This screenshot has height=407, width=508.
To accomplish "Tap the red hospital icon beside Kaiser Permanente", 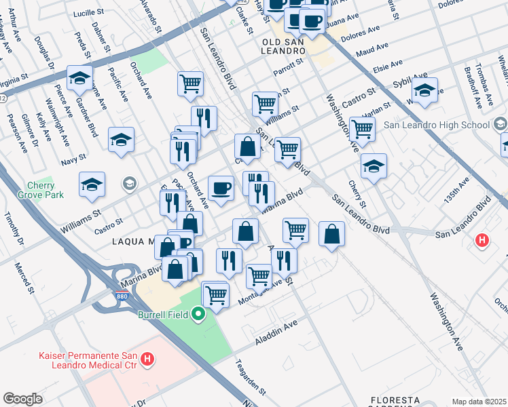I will tap(147, 360).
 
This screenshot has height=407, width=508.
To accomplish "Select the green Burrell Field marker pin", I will tap(198, 314).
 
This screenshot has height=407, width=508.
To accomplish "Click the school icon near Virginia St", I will tap(79, 78).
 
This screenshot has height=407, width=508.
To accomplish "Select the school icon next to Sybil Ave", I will tap(424, 90).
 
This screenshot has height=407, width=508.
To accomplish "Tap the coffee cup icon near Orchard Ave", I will tap(220, 188).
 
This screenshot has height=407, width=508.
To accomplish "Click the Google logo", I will tap(22, 399).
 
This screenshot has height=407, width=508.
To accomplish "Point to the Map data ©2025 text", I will tap(479, 402).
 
